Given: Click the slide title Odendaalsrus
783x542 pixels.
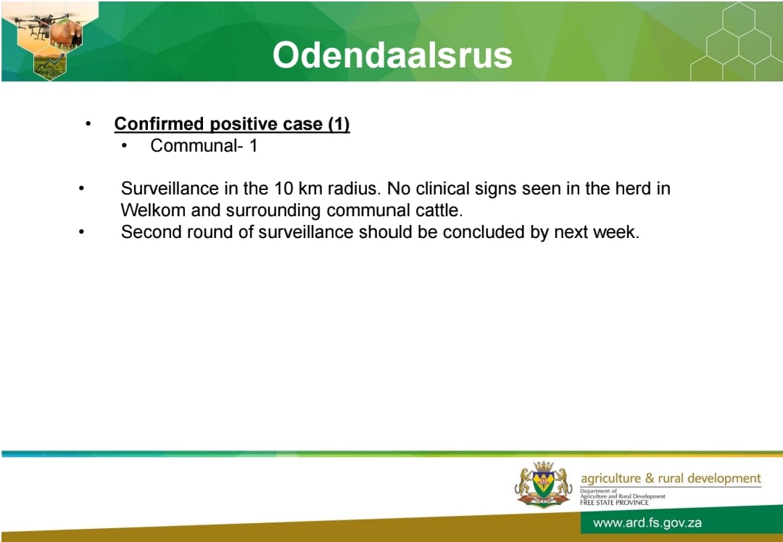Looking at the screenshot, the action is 392,55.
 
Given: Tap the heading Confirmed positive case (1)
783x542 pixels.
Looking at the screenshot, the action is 232,124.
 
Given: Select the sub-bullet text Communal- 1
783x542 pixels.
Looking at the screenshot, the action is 204,146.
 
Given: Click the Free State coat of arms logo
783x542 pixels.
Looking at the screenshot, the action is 543,484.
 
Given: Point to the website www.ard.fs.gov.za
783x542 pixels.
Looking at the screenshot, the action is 647,523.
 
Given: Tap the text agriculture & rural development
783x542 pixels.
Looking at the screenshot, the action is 671,479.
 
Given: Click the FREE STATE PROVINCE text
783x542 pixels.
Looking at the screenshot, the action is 614,503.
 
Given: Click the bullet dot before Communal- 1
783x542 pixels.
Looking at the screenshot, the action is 125,147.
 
